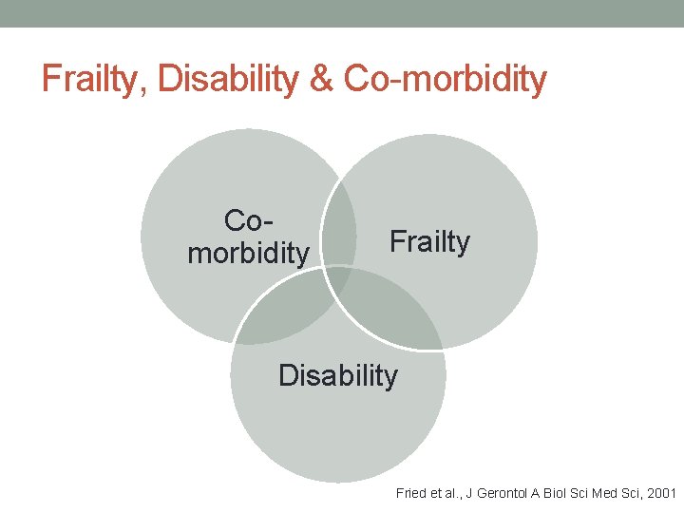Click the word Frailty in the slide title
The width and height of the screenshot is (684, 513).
click(x=93, y=80)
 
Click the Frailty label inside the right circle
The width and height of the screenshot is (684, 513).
click(x=429, y=243)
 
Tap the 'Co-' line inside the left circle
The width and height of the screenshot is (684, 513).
click(x=249, y=220)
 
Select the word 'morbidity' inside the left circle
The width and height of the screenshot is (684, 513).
click(x=249, y=254)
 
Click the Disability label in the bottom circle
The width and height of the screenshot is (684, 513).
click(x=338, y=375)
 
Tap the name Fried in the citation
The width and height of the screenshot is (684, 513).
click(x=411, y=493)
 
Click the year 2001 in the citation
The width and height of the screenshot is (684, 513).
click(x=660, y=493)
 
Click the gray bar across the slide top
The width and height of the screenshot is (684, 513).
click(x=342, y=13)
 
